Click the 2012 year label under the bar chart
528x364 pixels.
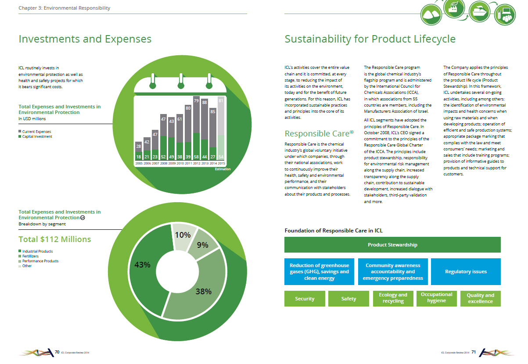197,163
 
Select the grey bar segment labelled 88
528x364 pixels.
205,119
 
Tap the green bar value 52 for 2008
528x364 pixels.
163,157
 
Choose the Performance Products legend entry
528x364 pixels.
39,261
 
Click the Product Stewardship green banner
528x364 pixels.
392,245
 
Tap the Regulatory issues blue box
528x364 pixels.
466,271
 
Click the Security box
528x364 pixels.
305,299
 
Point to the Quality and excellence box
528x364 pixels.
481,299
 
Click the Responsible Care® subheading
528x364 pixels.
319,133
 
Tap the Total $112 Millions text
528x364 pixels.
55,239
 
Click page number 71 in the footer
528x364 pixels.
474,352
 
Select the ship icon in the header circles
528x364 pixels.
479,12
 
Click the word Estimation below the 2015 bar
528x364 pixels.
223,169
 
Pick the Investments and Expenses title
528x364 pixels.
85,39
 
